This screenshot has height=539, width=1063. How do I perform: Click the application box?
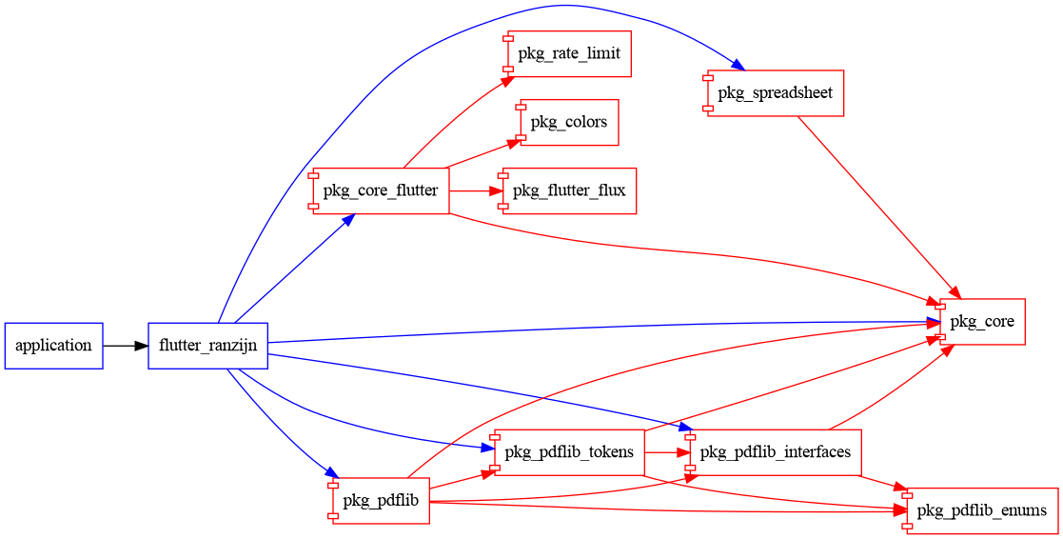pyautogui.click(x=53, y=346)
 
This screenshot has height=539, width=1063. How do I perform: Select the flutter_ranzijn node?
pyautogui.click(x=208, y=346)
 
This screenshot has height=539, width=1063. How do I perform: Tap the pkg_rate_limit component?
pyautogui.click(x=569, y=53)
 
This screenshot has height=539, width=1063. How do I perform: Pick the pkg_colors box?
pyautogui.click(x=569, y=122)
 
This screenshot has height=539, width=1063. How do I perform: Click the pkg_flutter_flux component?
pyautogui.click(x=569, y=190)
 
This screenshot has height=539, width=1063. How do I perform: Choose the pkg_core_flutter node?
pyautogui.click(x=381, y=190)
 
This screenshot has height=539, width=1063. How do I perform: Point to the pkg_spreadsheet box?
pyautogui.click(x=776, y=93)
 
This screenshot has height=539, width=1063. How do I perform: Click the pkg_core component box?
pyautogui.click(x=982, y=322)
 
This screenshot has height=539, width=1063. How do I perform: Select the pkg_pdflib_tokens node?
pyautogui.click(x=569, y=451)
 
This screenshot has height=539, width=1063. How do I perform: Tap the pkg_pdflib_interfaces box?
pyautogui.click(x=776, y=451)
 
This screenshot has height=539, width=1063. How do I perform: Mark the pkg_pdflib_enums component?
pyautogui.click(x=982, y=510)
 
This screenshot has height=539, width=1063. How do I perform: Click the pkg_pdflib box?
pyautogui.click(x=381, y=500)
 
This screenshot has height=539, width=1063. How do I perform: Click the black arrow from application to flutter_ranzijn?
pyautogui.click(x=125, y=346)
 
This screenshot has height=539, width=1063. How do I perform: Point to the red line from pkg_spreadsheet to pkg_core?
pyautogui.click(x=876, y=201)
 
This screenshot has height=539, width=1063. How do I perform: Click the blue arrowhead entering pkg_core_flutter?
pyautogui.click(x=347, y=219)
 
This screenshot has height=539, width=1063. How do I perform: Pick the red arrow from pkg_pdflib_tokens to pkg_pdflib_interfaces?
pyautogui.click(x=666, y=451)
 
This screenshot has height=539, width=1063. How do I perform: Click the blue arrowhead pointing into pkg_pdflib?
pyautogui.click(x=331, y=473)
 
